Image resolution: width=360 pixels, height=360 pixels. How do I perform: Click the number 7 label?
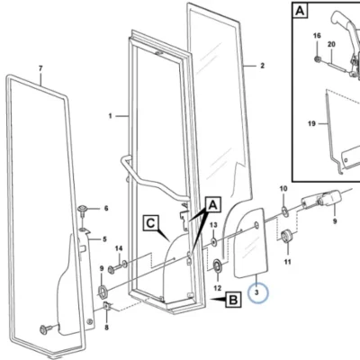(x=40, y=68)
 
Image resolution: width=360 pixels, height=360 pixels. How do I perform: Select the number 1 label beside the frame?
(x=111, y=116)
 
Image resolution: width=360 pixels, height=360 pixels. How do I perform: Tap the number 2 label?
(x=263, y=66)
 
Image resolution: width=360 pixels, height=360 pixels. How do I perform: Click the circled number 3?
(x=257, y=292)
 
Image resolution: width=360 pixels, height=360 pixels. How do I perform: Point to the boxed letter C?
(x=151, y=223)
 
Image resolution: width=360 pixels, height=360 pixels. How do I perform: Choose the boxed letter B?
(x=234, y=300)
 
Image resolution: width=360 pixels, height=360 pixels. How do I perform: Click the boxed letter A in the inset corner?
(x=300, y=11)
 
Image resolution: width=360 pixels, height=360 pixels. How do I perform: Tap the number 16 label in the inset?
(x=317, y=36)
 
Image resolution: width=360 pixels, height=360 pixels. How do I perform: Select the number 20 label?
(x=331, y=44)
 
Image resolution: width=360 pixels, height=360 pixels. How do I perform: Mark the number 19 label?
(x=311, y=123)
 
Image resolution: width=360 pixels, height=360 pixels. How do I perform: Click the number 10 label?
(x=283, y=189)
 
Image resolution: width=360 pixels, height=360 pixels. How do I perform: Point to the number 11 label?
(x=288, y=262)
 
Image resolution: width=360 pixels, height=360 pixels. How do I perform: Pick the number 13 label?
(x=213, y=225)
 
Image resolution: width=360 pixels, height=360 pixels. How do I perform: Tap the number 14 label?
(x=119, y=248)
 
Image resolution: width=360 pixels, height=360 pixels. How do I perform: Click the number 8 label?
(x=107, y=328)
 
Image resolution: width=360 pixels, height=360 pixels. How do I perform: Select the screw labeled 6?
(x=83, y=211)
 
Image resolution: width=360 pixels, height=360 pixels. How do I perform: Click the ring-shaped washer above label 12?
(x=218, y=266)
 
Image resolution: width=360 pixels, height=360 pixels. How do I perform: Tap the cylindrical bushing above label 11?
(x=288, y=236)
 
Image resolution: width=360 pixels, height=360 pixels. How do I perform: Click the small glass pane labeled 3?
(x=249, y=242)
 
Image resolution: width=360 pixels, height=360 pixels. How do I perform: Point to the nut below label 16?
(x=317, y=59)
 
